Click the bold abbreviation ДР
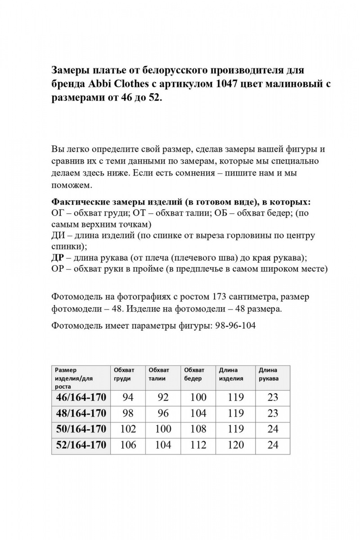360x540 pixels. click(x=58, y=258)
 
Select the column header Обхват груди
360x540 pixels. click(x=124, y=374)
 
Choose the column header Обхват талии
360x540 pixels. click(x=159, y=374)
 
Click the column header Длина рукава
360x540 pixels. click(x=269, y=374)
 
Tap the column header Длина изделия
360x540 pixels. click(x=231, y=374)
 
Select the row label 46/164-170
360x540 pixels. click(x=81, y=397)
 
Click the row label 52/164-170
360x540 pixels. click(x=81, y=445)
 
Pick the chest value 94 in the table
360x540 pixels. click(x=128, y=397)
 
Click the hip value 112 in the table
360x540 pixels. click(x=198, y=445)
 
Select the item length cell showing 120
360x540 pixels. click(x=236, y=445)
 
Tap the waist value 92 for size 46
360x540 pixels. click(x=163, y=397)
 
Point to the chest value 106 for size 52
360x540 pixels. click(x=128, y=445)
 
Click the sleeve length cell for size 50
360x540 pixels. click(x=273, y=429)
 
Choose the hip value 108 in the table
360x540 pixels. click(x=198, y=429)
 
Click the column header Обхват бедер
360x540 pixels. click(x=194, y=374)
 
